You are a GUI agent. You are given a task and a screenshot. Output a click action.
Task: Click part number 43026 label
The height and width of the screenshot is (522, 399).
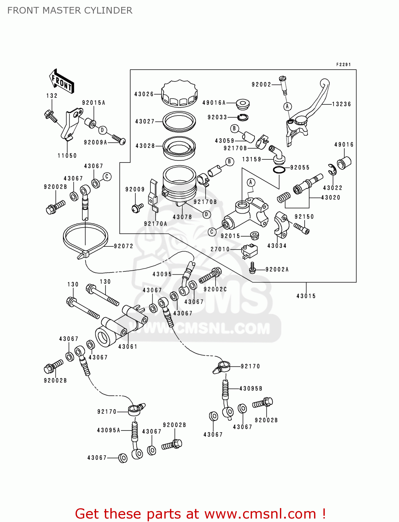coord(144,94)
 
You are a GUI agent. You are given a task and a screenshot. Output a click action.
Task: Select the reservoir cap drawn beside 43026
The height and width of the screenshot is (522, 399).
coord(179,93)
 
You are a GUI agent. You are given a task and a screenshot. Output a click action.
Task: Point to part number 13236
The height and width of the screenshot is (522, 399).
coord(341,104)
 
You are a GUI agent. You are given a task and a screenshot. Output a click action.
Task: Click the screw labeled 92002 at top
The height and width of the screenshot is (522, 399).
coord(283,85)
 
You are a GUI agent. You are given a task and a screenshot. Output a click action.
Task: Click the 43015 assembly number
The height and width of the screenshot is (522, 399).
coord(306,296)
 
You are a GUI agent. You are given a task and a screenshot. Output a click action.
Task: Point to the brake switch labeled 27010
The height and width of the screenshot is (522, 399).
coord(249,250)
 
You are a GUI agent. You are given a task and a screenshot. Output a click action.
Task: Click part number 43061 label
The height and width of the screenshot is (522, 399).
coord(128,347)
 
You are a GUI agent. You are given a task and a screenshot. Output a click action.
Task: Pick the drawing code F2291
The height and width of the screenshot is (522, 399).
coord(343,65)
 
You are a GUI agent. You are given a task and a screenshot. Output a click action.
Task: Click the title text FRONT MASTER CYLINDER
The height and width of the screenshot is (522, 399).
coord(70,10)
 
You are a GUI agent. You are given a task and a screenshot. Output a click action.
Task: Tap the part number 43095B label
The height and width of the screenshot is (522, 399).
coord(251,388)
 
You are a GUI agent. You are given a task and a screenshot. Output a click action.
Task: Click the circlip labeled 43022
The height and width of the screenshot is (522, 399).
coord(332,169)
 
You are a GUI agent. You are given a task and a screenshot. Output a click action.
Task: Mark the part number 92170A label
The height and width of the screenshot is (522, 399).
coord(155,224)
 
